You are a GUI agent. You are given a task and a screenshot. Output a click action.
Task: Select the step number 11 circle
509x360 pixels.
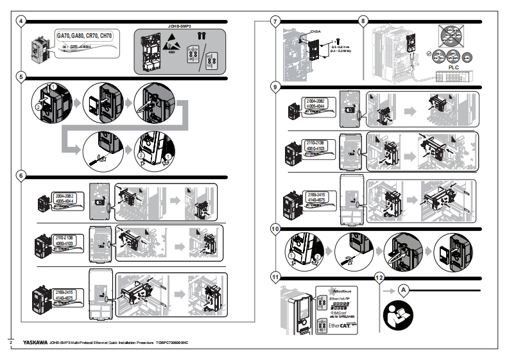tap(275, 278)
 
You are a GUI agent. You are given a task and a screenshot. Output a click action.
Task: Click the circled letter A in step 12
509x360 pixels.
tap(404, 290)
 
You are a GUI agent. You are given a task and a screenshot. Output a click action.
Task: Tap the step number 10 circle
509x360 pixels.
tap(275, 228)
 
